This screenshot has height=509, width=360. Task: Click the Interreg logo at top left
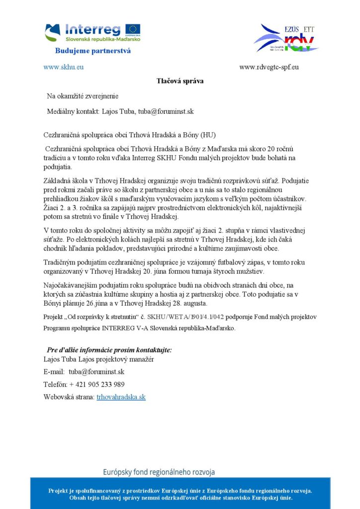tap(92, 32)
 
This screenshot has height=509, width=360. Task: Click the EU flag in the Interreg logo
tap(133, 29)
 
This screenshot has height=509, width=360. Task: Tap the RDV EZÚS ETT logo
tap(285, 38)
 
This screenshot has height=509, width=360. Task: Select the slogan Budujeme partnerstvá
tap(92, 51)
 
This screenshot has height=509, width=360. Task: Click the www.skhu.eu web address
tap(63, 67)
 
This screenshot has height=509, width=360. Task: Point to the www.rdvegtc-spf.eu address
tap(269, 67)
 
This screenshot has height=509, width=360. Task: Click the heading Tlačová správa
tap(180, 81)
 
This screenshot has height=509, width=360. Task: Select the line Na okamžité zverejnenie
tap(83, 95)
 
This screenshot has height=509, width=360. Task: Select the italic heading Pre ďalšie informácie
tap(109, 349)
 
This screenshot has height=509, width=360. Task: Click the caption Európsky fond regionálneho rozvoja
tap(159, 472)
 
